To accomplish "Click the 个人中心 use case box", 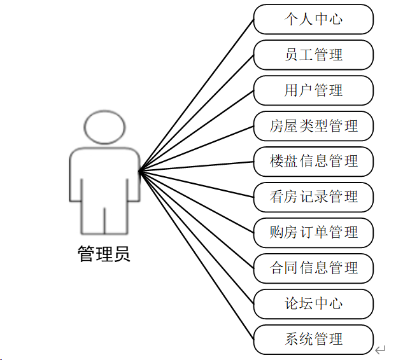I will click(x=313, y=19).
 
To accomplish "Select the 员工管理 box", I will click(x=313, y=55).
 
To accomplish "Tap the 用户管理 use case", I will click(x=313, y=90).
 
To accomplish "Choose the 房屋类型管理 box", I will click(x=313, y=126).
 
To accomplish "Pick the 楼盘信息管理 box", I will click(x=313, y=161).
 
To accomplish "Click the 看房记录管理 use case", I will click(x=313, y=197).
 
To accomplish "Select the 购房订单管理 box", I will click(x=313, y=232).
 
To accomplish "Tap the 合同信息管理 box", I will click(x=313, y=268).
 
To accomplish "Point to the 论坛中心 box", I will click(x=313, y=303).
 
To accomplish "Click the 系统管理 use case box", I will click(x=313, y=338).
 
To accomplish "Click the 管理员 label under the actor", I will click(x=104, y=254).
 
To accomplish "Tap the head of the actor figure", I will click(x=104, y=127).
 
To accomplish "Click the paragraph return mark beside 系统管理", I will click(x=381, y=349).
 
